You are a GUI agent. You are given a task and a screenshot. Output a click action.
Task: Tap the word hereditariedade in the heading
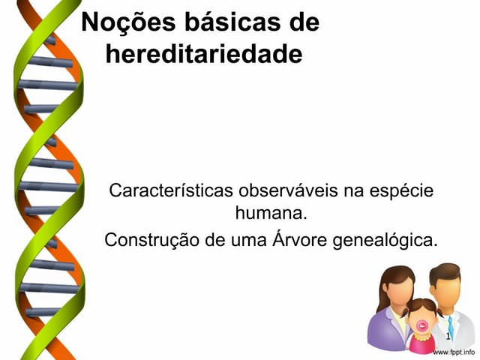point(205,54)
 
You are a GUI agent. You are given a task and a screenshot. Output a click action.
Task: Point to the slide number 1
point(448,339)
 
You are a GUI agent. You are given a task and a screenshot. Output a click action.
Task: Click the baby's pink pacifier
point(422,325)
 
